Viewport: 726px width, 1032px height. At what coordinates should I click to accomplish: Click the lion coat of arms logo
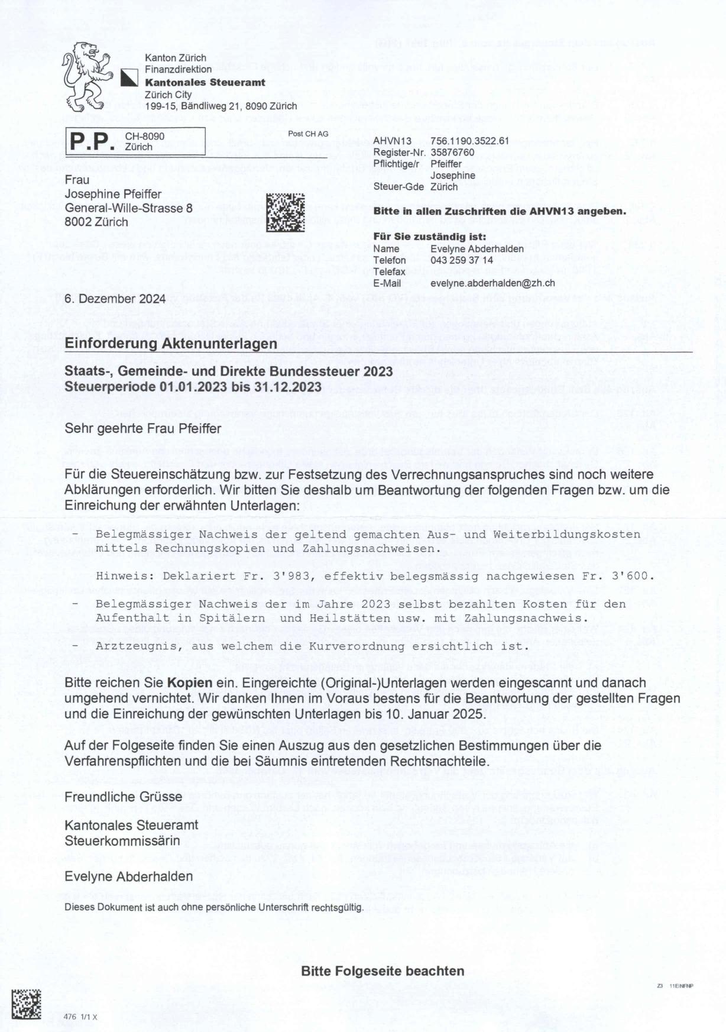tap(87, 76)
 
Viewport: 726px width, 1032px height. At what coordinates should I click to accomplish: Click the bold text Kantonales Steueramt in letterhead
tap(205, 82)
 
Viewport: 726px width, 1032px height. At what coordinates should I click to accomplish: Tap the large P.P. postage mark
tap(92, 143)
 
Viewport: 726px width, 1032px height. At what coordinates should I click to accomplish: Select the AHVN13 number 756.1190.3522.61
tap(469, 141)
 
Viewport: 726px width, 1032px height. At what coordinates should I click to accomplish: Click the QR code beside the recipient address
tap(286, 212)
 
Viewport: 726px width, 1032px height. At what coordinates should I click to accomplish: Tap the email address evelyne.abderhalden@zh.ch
tap(492, 283)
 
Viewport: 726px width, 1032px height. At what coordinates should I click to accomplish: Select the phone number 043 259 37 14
tap(462, 260)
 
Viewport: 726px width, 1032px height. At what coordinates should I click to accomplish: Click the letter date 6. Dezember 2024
tap(115, 299)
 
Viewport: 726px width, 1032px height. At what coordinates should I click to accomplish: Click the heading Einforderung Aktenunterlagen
tap(170, 344)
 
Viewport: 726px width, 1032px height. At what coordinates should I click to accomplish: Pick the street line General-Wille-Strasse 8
tap(128, 209)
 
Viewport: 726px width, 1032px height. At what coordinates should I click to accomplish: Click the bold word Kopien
tap(189, 682)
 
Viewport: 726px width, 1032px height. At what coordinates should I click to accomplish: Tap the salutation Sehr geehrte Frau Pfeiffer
tap(142, 428)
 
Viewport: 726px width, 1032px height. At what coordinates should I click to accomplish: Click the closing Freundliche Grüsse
tap(123, 797)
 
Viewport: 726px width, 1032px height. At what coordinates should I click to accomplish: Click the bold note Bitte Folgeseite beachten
tap(383, 970)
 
